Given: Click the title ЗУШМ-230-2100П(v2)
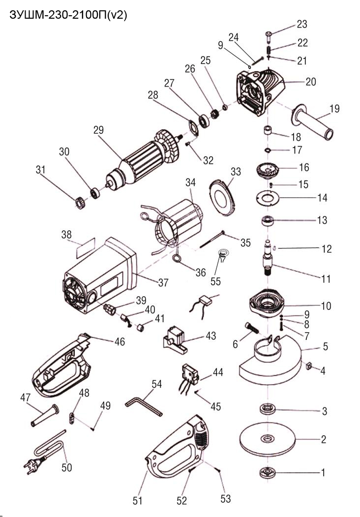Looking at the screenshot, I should coord(68,15).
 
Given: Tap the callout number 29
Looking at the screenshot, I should coord(99,130).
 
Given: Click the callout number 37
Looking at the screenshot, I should coord(163,283).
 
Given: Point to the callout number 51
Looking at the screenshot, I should coord(137,501).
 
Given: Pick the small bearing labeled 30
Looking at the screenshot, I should coord(94,191).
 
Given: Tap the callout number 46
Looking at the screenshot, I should coord(119,341).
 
